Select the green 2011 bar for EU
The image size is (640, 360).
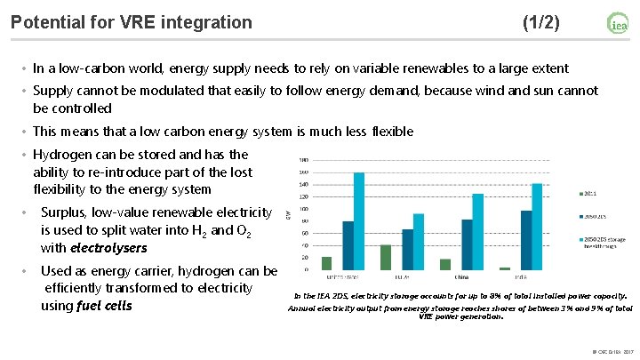pyautogui.click(x=385, y=257)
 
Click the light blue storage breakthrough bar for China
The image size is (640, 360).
pyautogui.click(x=478, y=231)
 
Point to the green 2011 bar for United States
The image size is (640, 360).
pyautogui.click(x=326, y=263)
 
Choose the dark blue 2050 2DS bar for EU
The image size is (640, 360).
pyautogui.click(x=408, y=249)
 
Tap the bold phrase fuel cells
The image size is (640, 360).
pyautogui.click(x=104, y=306)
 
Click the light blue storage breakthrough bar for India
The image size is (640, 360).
pyautogui.click(x=537, y=226)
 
